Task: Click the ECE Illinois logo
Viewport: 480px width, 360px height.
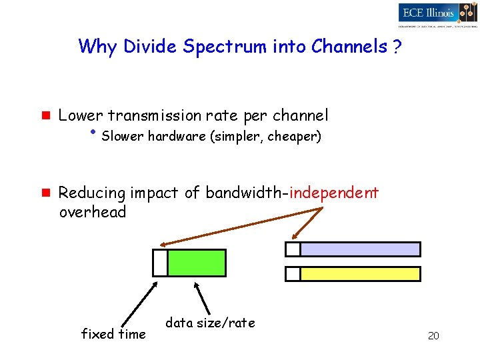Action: pyautogui.click(x=437, y=13)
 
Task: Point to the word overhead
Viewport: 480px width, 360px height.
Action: pyautogui.click(x=93, y=213)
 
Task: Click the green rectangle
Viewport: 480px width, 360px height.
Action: pyautogui.click(x=197, y=263)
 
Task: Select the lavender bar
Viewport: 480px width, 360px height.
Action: pyautogui.click(x=360, y=249)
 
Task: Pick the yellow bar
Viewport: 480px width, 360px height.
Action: pyautogui.click(x=360, y=274)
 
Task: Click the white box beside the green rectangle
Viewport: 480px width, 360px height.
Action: pyautogui.click(x=160, y=263)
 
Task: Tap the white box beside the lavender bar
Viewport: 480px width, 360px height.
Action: pyautogui.click(x=293, y=249)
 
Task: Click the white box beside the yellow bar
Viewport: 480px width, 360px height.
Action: pyautogui.click(x=293, y=274)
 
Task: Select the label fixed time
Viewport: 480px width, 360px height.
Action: pyautogui.click(x=113, y=334)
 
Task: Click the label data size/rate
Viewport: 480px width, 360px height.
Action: pyautogui.click(x=210, y=323)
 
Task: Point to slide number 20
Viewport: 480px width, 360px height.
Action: pyautogui.click(x=433, y=336)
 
